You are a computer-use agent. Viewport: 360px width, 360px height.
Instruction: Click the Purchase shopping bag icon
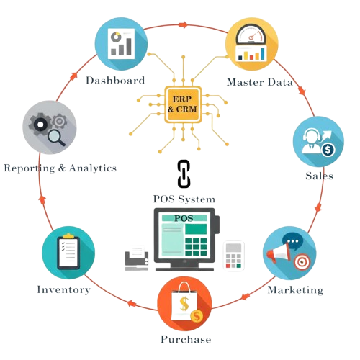coord(185,304)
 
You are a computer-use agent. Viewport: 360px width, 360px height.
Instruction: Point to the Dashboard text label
coord(116,81)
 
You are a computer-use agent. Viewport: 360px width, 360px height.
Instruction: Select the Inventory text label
coord(63,289)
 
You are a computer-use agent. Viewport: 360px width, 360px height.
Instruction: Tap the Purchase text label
coord(185,338)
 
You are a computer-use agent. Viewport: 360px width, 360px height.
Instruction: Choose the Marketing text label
coord(295,290)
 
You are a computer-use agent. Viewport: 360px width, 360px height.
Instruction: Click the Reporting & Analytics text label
coord(60,168)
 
